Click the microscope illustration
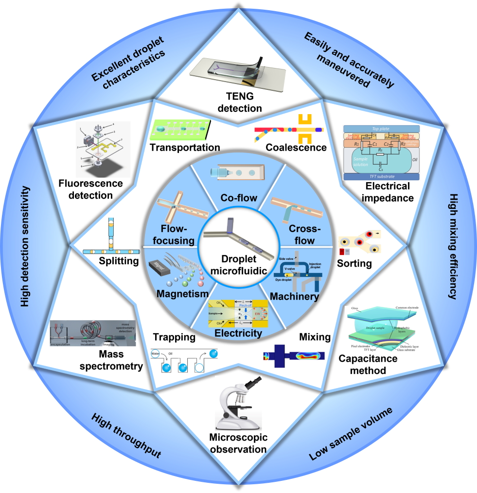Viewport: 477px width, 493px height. [237, 402]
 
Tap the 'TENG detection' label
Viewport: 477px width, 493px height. [239, 102]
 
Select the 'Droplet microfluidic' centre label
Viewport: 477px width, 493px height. [238, 267]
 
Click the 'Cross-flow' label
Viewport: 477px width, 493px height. [301, 235]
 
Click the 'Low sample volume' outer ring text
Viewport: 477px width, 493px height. [351, 434]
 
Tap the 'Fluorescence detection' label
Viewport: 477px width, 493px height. [86, 189]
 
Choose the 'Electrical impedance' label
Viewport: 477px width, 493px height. [388, 192]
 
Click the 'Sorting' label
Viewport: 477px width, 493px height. [354, 264]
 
